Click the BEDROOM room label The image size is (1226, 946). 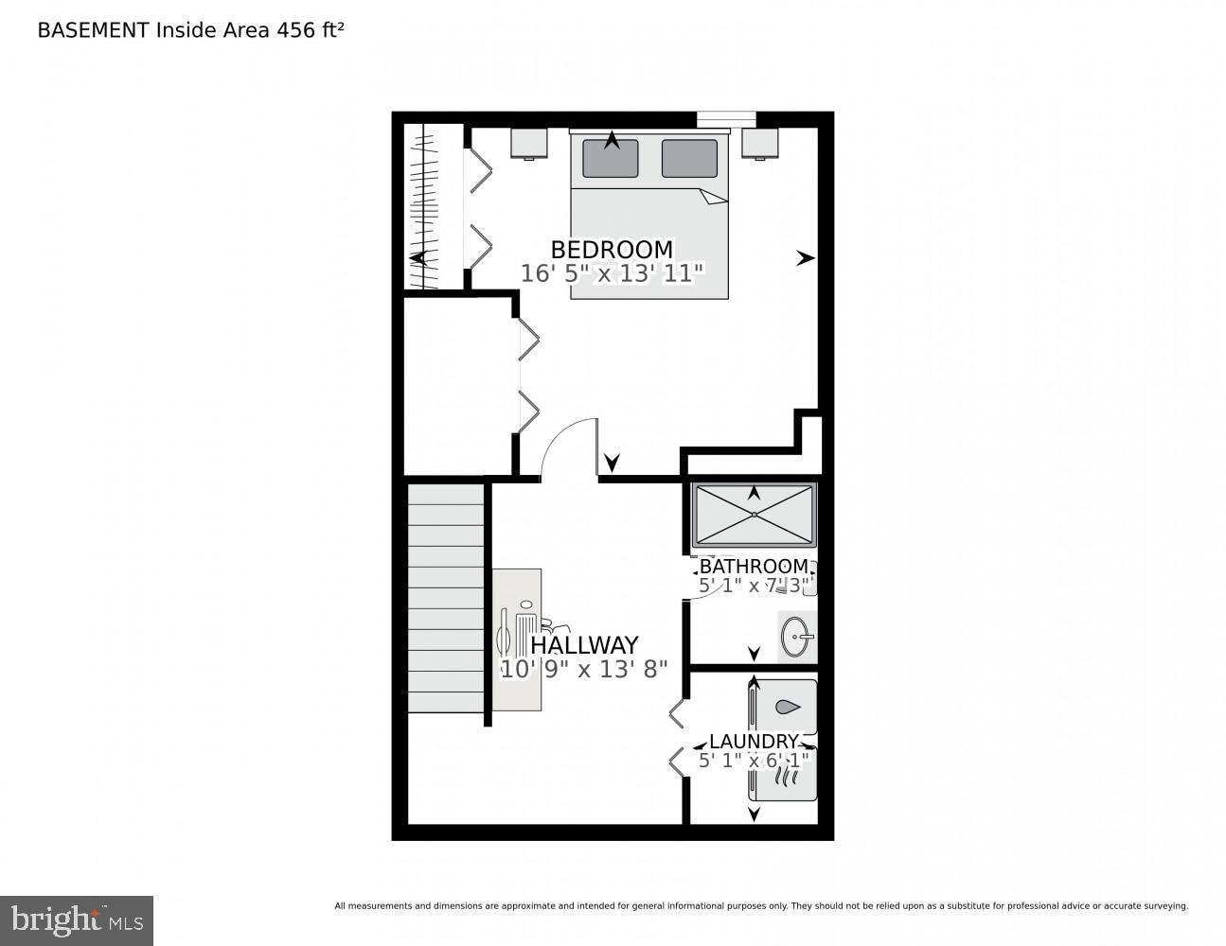(612, 250)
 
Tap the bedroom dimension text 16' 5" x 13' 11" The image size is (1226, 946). (612, 274)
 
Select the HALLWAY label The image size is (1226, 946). (584, 645)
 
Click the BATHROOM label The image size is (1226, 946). (754, 567)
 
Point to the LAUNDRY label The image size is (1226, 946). (754, 742)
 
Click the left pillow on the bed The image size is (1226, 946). (611, 158)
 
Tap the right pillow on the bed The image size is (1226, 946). (689, 158)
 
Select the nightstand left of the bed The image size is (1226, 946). (529, 143)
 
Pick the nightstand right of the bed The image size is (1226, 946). (759, 143)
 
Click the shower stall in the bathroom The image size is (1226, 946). (754, 516)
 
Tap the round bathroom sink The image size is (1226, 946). (797, 637)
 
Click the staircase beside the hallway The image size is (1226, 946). (446, 598)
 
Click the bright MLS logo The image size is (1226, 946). (77, 920)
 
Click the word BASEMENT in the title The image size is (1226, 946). (93, 30)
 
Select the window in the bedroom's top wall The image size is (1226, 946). (726, 119)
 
